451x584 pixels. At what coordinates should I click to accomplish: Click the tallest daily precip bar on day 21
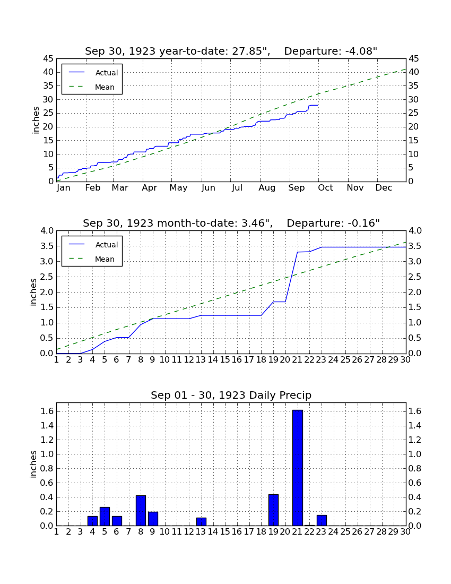point(298,468)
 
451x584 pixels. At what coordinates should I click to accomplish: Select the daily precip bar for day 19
point(273,510)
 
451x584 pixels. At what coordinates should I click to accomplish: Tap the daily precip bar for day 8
point(141,511)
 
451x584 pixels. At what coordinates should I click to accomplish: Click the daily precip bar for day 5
point(105,517)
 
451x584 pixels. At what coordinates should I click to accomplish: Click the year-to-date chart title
point(231,51)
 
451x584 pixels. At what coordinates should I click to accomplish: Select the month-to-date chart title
point(231,223)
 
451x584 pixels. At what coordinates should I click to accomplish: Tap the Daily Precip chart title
point(231,395)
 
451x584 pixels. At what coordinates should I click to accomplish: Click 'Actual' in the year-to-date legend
point(107,73)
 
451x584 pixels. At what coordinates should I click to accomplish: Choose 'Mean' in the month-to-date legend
point(105,259)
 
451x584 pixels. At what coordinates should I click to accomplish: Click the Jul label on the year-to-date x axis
point(237,188)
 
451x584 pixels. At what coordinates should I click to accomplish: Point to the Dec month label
point(384,188)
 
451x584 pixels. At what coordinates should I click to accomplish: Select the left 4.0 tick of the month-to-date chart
point(47,231)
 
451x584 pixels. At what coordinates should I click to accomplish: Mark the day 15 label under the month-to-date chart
point(225,360)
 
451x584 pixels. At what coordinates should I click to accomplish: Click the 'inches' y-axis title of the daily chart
point(33,464)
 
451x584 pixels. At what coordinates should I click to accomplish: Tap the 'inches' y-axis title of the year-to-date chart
point(36,120)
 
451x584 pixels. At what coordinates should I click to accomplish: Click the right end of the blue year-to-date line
point(318,106)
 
